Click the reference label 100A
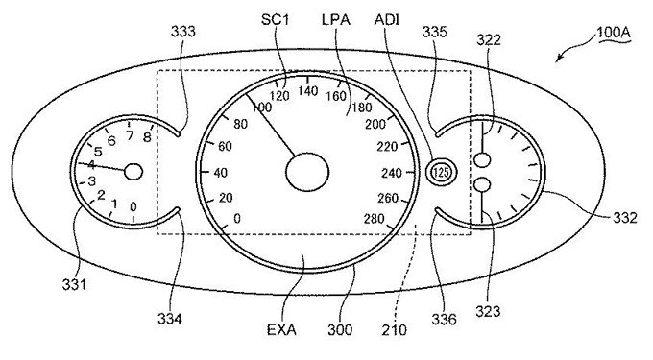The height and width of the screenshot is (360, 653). [x=614, y=33]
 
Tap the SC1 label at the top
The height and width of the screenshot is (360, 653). [x=275, y=19]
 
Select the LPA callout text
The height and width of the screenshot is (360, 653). [x=336, y=19]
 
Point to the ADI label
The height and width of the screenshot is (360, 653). [x=386, y=19]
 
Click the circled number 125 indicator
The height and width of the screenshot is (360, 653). [x=441, y=172]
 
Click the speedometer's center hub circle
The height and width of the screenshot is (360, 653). [x=307, y=172]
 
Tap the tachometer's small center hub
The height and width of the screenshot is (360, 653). [x=133, y=172]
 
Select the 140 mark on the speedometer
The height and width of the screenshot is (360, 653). [x=308, y=91]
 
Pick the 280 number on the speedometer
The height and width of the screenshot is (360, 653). [x=374, y=218]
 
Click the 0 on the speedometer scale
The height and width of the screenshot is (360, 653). [x=237, y=218]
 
